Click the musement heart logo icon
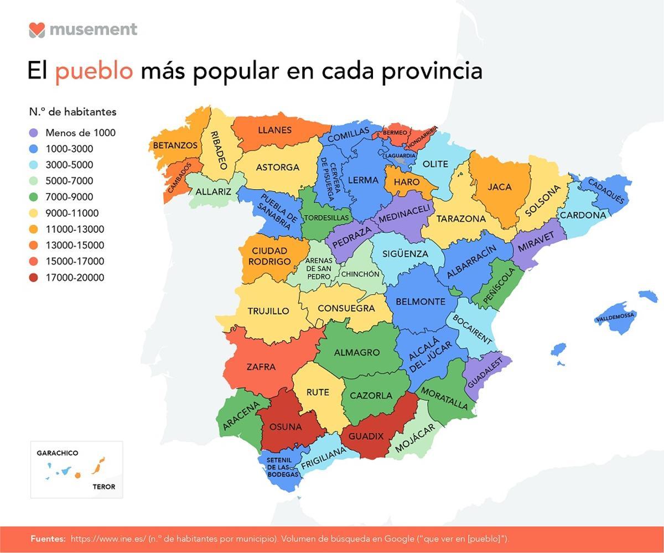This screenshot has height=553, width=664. tap(37, 29)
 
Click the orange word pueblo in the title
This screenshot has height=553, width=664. tap(94, 71)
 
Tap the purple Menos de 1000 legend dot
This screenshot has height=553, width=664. tap(34, 133)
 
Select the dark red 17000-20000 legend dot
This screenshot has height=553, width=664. tap(34, 278)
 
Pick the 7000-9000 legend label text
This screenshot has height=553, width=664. tap(69, 197)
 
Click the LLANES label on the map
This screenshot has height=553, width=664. tap(274, 131)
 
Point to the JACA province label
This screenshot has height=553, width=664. tap(499, 187)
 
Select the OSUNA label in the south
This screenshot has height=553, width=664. tap(285, 427)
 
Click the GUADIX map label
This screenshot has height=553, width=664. tap(366, 436)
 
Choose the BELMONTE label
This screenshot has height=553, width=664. tap(421, 301)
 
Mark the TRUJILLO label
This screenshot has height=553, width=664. tap(268, 311)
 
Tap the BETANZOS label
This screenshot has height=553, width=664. tap(175, 145)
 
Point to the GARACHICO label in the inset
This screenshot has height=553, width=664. tap(58, 453)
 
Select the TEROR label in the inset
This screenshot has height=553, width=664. tap(103, 487)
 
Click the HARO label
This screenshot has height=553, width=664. tap(407, 182)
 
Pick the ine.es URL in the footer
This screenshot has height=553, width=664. tap(108, 539)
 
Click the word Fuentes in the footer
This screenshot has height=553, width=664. tap(48, 539)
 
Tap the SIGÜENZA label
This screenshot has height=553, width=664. tap(405, 254)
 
